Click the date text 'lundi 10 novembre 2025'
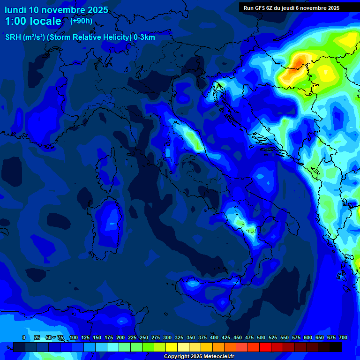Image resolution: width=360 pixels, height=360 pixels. [x=56, y=10]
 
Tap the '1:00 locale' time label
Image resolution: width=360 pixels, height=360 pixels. [x=33, y=21]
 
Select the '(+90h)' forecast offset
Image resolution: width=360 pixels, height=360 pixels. [x=82, y=21]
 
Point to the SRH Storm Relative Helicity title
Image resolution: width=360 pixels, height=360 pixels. [x=80, y=37]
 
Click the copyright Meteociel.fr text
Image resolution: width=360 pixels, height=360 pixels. [x=199, y=357]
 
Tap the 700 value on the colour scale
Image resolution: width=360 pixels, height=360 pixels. [x=343, y=337]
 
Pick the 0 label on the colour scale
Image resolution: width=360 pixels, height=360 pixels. [x=24, y=337]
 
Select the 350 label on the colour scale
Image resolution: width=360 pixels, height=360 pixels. [x=191, y=337]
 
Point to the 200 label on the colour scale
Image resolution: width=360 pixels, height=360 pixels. [x=120, y=337]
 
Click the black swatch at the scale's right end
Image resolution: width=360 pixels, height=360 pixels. [x=336, y=347]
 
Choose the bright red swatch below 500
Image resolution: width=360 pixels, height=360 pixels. [x=265, y=347]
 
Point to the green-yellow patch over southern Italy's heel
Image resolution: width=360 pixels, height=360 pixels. [x=239, y=223]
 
